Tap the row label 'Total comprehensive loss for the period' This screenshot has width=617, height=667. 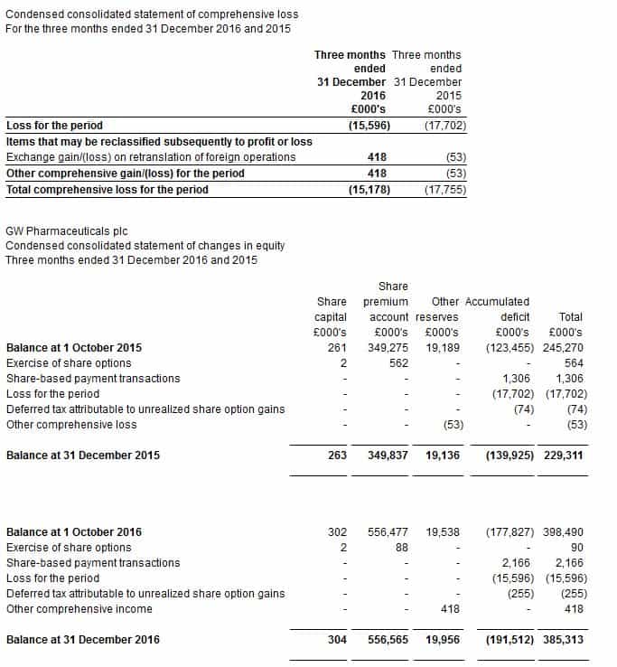pos(108,190)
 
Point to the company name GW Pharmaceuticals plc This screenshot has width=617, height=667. pos(67,231)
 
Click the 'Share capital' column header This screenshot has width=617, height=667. pos(332,308)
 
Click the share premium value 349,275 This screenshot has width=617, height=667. pos(386,348)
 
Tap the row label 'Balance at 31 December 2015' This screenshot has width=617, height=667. pos(83,456)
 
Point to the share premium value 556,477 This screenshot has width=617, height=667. pos(386,532)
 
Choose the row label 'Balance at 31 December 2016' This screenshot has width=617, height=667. pos(83,640)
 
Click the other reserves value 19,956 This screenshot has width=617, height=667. pos(442,640)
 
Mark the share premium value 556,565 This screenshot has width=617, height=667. pos(386,640)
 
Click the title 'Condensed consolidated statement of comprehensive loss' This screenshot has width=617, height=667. pos(152,15)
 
